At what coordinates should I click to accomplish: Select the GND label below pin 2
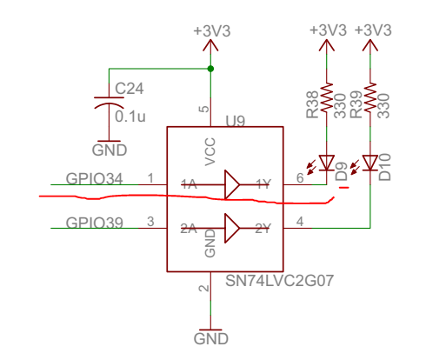tap(210, 337)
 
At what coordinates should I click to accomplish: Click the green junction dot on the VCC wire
tap(210, 68)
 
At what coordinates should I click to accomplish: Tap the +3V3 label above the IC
tap(210, 30)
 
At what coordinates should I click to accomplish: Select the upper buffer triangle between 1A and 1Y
tap(231, 184)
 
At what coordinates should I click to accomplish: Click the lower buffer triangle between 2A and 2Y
tap(231, 229)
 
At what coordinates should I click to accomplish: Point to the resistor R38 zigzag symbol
tap(327, 98)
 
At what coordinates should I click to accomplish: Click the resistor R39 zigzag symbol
tap(370, 98)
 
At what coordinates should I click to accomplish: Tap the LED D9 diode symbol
tap(327, 162)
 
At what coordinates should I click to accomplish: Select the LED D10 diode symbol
tap(370, 162)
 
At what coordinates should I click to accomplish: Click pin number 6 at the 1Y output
tap(300, 177)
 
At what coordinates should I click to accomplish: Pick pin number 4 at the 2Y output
tap(300, 222)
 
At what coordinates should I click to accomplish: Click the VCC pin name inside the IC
tap(210, 151)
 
